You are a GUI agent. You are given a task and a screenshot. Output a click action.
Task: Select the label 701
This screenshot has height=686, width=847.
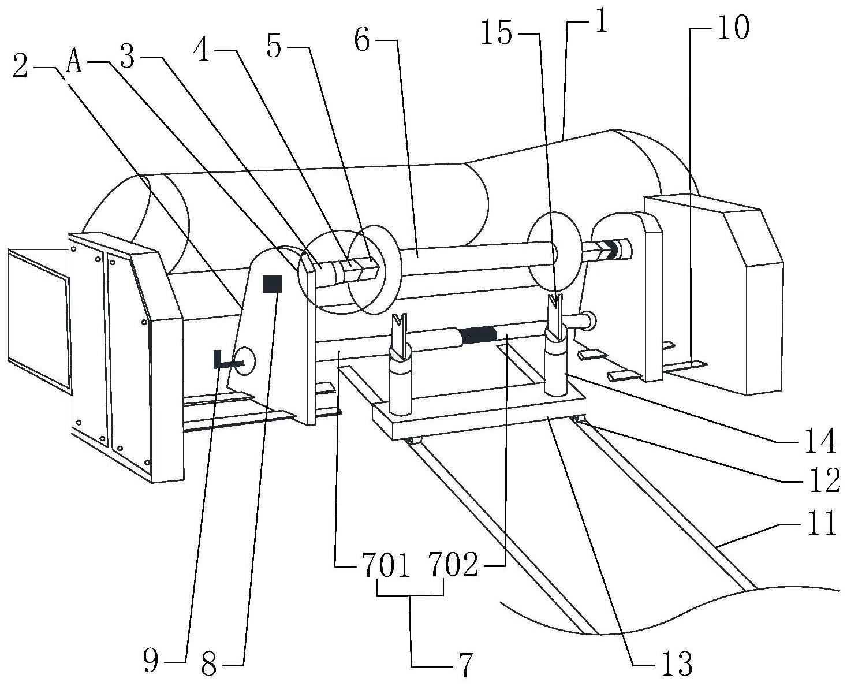pos(385,565)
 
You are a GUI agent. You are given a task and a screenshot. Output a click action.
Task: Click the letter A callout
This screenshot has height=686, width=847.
pos(74,62)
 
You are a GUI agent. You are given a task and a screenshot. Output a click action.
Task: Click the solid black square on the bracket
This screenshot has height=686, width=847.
pos(273,284)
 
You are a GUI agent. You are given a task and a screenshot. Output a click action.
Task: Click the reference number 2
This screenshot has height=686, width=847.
pos(21,66)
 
